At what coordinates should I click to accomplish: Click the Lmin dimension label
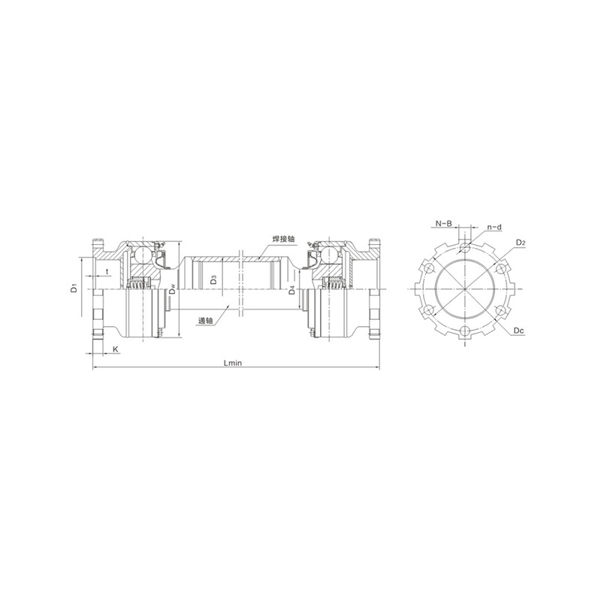(233, 363)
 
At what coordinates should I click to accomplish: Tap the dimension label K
(114, 350)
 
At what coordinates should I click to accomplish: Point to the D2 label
(521, 242)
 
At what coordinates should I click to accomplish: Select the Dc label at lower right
(520, 331)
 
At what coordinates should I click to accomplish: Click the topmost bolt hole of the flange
(466, 246)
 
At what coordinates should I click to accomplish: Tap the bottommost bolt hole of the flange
(466, 332)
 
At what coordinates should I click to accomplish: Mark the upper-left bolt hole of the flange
(429, 267)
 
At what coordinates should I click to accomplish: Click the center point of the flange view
(466, 289)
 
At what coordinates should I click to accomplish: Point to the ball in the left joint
(139, 255)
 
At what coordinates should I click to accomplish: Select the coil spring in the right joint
(331, 282)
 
